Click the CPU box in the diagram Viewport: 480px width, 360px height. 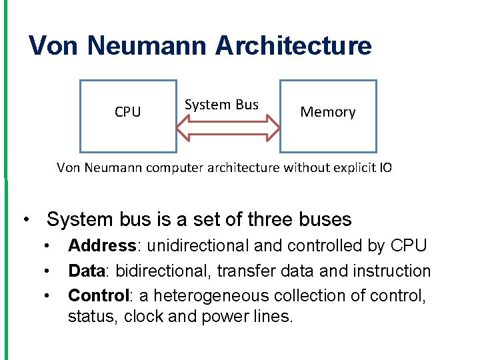(x=128, y=115)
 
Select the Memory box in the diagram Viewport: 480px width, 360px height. (x=327, y=115)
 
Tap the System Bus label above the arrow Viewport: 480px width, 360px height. (x=221, y=105)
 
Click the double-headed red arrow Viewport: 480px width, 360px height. (x=228, y=128)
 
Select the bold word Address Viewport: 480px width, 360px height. (x=102, y=246)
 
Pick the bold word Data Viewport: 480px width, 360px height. (x=84, y=271)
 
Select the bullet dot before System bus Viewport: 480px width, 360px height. (x=25, y=220)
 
